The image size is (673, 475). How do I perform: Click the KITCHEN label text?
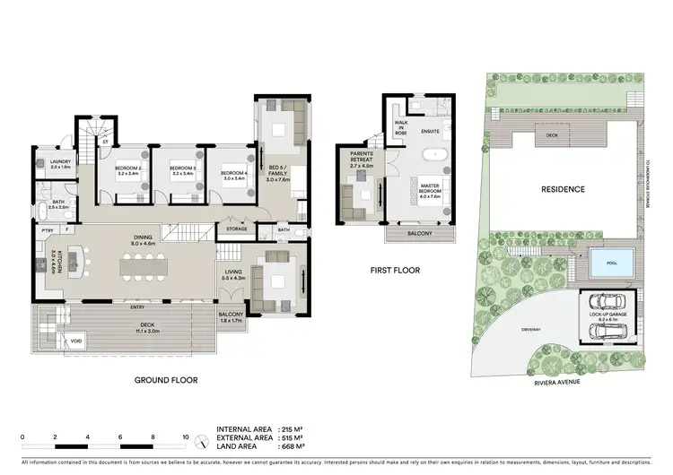(x=55, y=263)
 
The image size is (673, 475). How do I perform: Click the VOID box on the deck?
(x=52, y=341)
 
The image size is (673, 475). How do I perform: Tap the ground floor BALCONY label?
(x=231, y=315)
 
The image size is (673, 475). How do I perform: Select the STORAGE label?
(x=237, y=229)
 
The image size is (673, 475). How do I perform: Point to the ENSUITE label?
(x=430, y=132)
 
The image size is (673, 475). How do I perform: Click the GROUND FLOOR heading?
(x=166, y=380)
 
